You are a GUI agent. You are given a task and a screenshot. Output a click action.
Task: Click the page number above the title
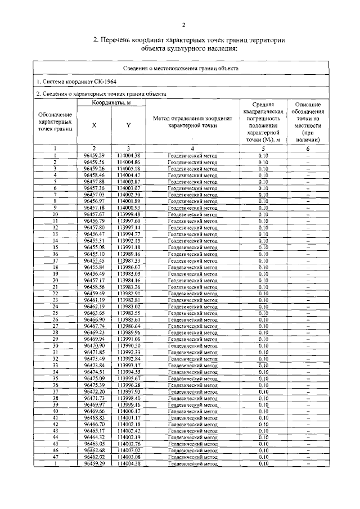point(183,25)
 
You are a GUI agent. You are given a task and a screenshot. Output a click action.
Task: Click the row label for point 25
point(56,313)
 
